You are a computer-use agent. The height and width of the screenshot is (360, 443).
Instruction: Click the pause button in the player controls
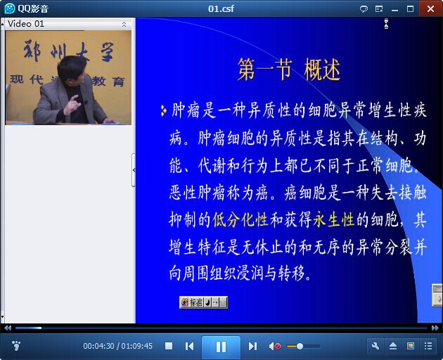221,347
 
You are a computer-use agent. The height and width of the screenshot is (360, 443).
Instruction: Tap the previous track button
189,346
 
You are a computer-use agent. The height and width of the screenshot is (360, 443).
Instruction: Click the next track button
252,346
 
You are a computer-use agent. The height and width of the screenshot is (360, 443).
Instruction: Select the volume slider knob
300,346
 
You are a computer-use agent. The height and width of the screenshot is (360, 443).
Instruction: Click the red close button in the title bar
430,8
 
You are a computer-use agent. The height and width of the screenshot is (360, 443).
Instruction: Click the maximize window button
410,9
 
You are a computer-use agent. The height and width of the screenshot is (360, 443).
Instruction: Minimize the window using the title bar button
395,10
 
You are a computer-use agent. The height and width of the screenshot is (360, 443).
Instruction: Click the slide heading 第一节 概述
289,70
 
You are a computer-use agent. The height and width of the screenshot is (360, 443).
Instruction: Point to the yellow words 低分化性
240,219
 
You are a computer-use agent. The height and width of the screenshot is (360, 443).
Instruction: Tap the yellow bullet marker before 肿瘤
163,110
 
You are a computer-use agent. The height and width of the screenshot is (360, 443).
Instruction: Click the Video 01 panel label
26,24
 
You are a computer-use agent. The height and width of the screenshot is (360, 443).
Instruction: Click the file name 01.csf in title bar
221,8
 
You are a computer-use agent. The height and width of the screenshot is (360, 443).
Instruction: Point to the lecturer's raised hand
73,105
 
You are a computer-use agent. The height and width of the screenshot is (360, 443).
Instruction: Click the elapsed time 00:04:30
98,346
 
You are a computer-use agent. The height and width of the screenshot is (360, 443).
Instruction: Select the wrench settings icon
375,346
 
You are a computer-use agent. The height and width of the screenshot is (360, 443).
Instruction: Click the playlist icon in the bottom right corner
428,346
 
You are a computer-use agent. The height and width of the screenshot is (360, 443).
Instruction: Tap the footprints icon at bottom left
16,346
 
